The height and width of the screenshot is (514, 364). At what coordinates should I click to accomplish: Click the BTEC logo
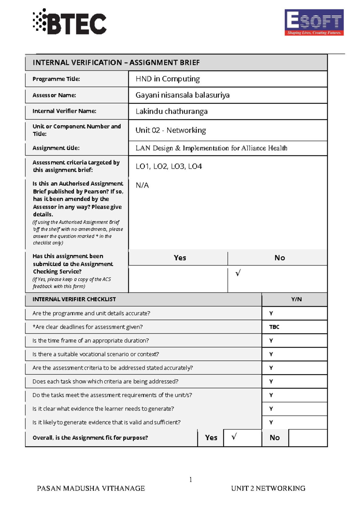70,22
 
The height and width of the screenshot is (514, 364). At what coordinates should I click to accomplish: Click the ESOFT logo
314,22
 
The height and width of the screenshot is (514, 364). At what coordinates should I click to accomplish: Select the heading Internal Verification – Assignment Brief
116,63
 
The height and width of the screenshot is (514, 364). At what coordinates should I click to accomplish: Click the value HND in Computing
168,79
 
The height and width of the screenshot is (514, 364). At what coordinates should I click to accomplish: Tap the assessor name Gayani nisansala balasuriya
183,95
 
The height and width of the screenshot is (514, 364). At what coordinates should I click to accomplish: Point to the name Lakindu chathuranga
172,112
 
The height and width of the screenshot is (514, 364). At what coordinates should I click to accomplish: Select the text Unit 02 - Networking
171,130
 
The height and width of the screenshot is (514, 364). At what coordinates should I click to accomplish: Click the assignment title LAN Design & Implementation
211,148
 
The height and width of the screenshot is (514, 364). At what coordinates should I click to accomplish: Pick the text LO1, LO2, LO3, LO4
169,166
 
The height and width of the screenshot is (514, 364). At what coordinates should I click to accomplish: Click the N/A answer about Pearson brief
142,185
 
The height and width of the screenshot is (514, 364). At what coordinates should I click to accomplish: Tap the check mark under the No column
238,273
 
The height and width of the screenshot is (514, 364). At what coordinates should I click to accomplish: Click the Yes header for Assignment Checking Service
180,258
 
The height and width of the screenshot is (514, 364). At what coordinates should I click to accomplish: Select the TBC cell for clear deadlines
274,327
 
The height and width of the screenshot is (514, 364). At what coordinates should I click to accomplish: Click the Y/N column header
296,299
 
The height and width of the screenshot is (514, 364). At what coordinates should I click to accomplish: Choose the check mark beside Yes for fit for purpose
234,437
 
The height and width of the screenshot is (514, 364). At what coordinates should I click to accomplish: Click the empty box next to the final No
308,438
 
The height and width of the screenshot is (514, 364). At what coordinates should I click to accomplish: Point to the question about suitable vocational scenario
96,354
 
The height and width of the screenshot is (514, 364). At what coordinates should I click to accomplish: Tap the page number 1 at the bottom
190,479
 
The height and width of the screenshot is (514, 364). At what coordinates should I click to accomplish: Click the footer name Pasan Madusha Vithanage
91,489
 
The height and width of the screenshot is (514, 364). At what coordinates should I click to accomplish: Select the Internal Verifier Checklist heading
74,299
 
